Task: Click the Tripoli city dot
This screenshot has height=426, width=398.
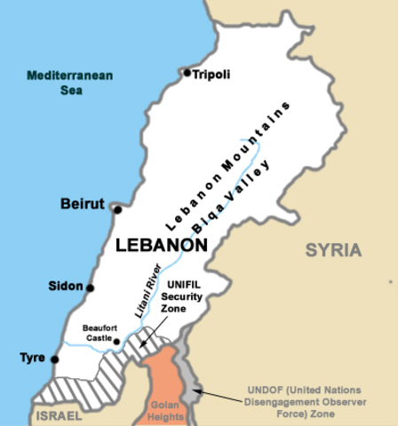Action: pos(187,73)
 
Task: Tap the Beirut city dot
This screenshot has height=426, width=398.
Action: pos(117,209)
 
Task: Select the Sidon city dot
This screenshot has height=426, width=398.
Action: pos(90,288)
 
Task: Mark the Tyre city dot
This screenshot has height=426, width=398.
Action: pos(55,359)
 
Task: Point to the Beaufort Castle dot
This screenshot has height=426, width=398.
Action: pos(116,341)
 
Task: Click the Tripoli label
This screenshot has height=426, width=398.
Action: pos(211,75)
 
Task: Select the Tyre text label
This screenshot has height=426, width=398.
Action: pos(32,359)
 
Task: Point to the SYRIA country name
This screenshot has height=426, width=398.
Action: pos(333,250)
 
